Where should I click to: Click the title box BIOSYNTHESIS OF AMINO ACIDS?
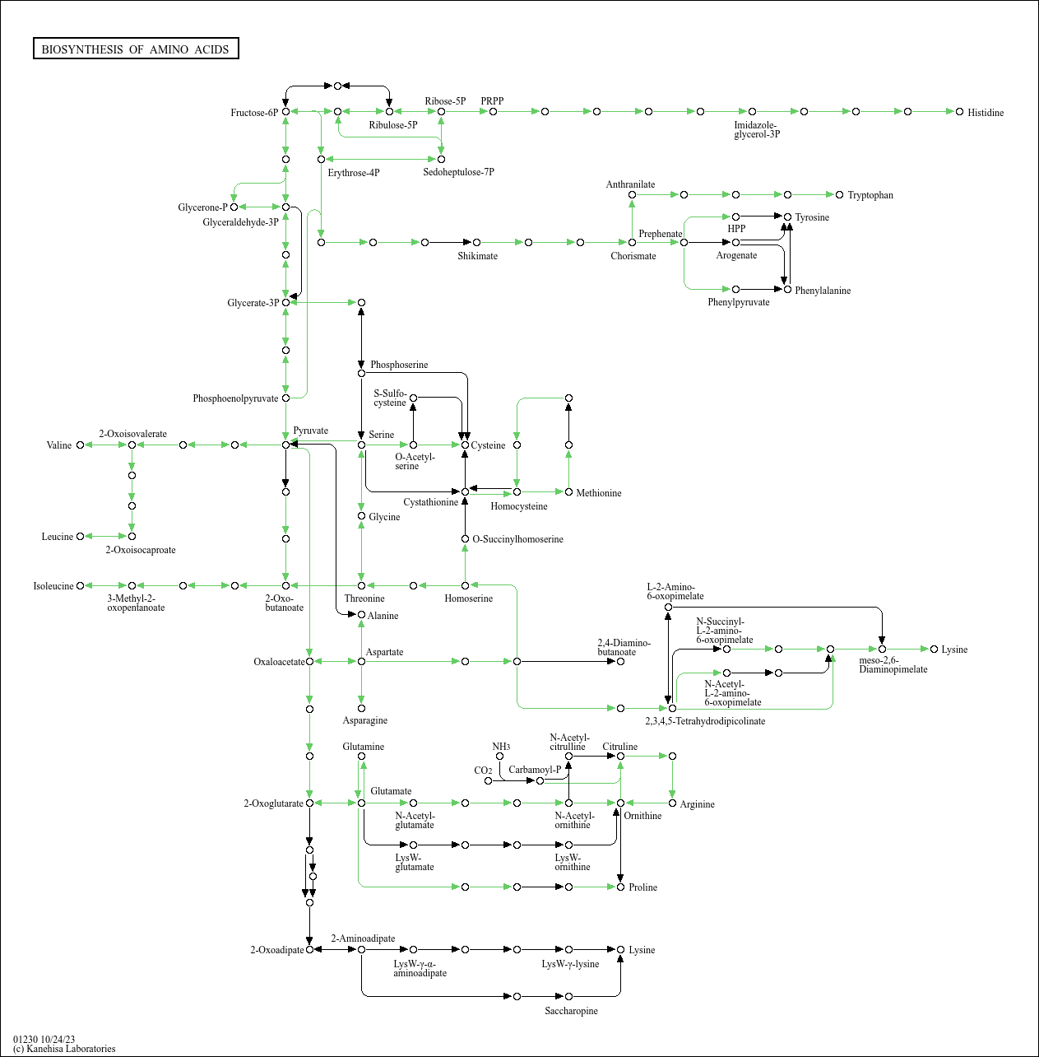136,49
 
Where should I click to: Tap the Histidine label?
986,113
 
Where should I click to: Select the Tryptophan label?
870,195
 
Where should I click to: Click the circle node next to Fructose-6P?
285,111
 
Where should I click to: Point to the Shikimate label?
477,256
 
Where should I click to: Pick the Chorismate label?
633,256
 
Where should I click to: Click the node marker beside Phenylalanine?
787,290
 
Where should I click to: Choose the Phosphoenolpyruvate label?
235,398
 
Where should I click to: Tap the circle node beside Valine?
80,445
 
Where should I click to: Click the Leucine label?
58,537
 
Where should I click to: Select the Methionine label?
599,493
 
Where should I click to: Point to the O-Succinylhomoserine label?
518,539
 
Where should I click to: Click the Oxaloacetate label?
279,662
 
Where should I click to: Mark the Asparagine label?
364,720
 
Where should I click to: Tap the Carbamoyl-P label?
535,770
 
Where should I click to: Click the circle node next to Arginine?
672,803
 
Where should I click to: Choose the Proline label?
642,887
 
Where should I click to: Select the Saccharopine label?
571,1011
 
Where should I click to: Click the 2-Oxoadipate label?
277,950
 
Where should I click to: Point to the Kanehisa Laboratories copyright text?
64,1049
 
